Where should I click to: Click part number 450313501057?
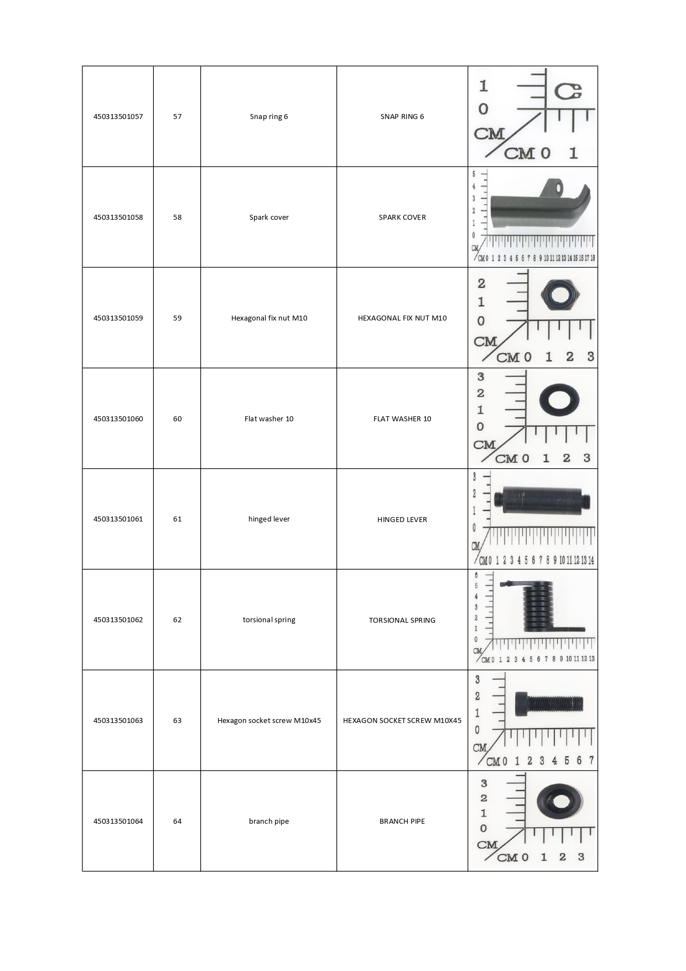pos(118,117)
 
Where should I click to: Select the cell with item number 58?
pos(177,218)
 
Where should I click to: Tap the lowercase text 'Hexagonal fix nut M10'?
pos(269,318)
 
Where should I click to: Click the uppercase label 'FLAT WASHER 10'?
pos(402,419)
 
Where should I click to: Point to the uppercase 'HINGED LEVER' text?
pos(402,520)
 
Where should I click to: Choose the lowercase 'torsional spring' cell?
pos(269,620)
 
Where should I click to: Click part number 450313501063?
pos(118,721)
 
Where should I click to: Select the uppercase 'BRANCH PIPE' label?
pos(402,822)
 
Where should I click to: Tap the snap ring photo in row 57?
pos(568,91)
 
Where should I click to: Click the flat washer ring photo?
pos(559,400)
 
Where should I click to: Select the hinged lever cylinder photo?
pos(542,501)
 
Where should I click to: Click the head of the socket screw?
pos(521,704)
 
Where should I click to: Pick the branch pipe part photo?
pos(560,801)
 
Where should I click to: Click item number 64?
pos(177,822)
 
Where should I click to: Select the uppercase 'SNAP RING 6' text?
pos(402,117)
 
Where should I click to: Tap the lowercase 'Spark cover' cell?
pos(269,218)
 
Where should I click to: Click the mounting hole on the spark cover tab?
pos(559,188)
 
